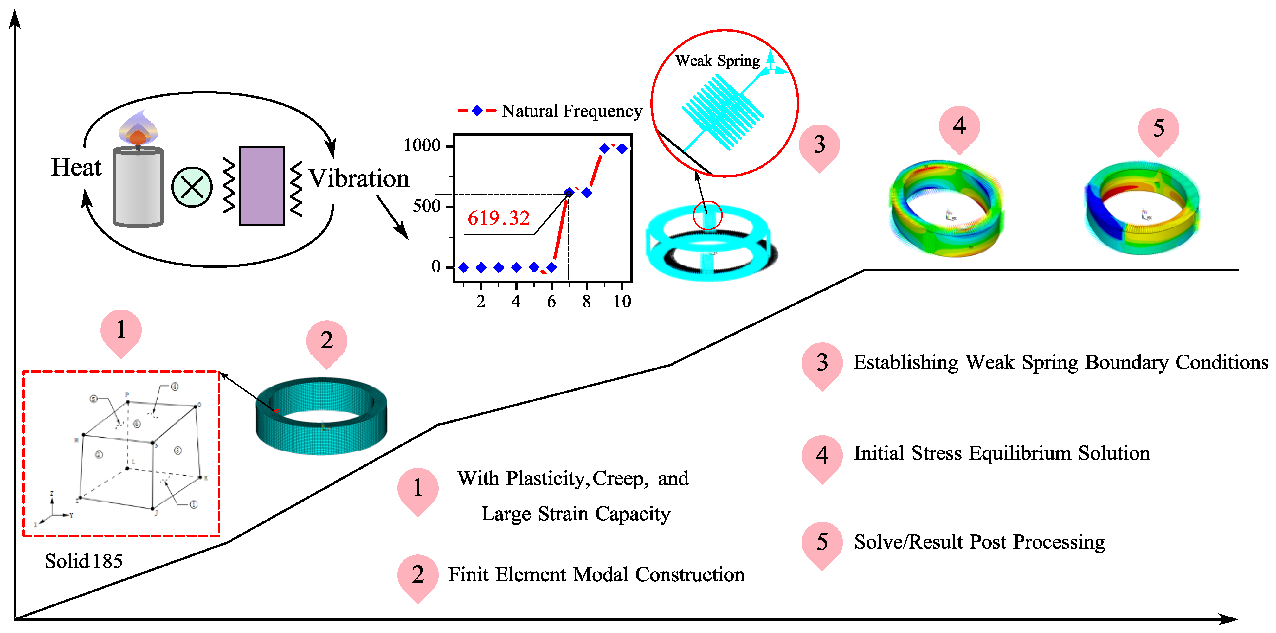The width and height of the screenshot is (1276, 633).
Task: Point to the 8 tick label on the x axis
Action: [x=586, y=301]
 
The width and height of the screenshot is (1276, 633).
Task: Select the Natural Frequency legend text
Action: [x=572, y=111]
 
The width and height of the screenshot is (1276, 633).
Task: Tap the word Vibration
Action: [x=359, y=178]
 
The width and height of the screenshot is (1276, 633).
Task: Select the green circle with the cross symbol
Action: [x=192, y=187]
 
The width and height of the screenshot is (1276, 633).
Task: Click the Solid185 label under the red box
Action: [x=83, y=561]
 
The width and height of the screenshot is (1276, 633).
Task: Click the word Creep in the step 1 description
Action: [x=620, y=478]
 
